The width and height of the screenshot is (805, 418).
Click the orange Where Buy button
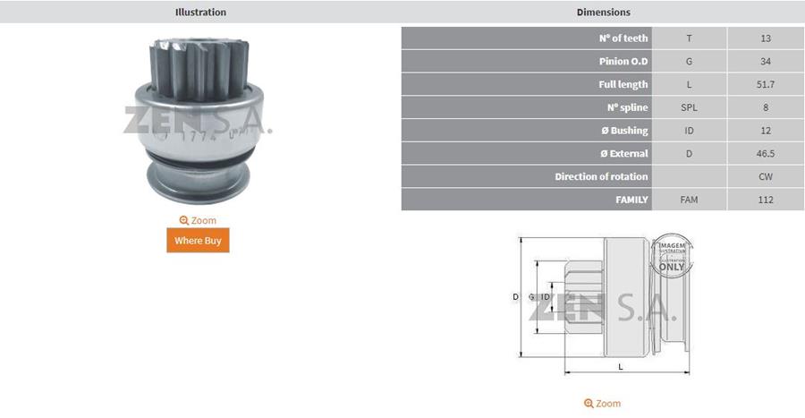coord(198,240)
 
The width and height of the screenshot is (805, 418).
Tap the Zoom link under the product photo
coord(198,220)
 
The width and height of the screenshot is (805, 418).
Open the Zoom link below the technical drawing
coord(602,404)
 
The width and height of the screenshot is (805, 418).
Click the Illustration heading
coord(200,12)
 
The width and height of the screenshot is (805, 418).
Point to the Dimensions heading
coord(603,12)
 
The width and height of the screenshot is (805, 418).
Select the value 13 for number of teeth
coord(766,38)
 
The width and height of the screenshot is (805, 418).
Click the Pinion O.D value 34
coord(766,62)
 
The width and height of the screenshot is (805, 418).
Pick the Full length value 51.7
coord(766,85)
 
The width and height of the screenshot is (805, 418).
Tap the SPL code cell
coord(689,107)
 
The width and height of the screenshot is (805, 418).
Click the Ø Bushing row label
coord(624,131)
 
